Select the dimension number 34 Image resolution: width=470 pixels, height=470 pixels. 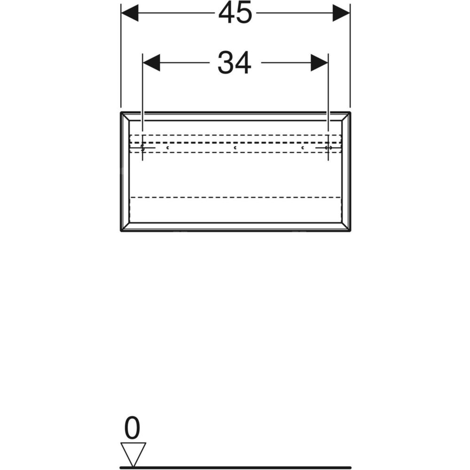pos(235,63)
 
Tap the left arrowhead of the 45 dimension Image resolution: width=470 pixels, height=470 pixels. pos(130,13)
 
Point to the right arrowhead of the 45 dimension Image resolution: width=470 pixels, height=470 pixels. pos(341,13)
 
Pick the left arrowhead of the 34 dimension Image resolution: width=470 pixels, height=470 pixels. pos(151,63)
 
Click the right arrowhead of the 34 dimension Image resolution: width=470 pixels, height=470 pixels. pos(319,63)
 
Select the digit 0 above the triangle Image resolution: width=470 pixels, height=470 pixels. pos(132,428)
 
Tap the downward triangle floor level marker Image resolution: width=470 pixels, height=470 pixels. pos(133,454)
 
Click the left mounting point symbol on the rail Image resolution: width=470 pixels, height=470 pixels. pos(143,148)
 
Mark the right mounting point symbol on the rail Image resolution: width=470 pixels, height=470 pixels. pos(328,148)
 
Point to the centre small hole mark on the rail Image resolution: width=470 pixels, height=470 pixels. pos(235,148)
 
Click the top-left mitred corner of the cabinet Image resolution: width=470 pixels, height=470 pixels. pos(125,117)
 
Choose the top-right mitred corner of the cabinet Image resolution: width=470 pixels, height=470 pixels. pos(345,117)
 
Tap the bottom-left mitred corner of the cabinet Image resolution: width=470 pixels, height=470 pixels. pos(125,227)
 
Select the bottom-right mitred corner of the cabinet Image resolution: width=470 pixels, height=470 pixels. pos(345,227)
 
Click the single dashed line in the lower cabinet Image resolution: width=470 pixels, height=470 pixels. pos(235,197)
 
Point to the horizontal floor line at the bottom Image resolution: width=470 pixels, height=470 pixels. pos(235,467)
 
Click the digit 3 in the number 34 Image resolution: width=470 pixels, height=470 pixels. pos(226,63)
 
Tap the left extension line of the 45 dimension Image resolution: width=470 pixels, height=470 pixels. pos(121,55)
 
